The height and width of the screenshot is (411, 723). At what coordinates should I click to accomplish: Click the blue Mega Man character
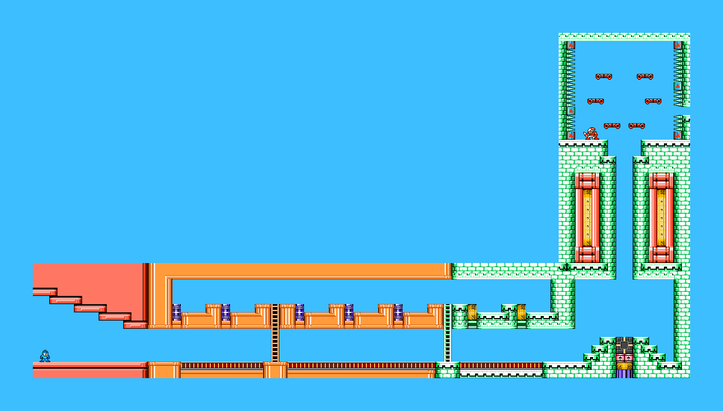[45, 356]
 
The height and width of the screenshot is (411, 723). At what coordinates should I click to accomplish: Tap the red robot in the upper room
[591, 134]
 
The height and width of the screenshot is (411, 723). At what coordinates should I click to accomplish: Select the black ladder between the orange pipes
[275, 333]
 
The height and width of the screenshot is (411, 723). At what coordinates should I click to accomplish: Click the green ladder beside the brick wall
[447, 333]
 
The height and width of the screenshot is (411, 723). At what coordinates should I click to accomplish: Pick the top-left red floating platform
[603, 77]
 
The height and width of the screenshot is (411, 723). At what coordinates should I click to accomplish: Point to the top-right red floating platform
[644, 77]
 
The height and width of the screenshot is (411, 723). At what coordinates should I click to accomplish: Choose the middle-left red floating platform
[595, 101]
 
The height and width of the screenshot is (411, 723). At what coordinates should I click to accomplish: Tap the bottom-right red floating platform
[636, 126]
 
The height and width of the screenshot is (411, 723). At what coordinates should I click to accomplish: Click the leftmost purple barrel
[176, 312]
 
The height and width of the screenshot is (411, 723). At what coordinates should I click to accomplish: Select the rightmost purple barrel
[398, 312]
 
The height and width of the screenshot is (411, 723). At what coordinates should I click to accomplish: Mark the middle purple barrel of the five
[299, 312]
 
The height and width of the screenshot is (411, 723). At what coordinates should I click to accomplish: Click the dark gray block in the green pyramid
[624, 345]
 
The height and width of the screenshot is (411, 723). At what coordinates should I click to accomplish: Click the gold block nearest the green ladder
[472, 312]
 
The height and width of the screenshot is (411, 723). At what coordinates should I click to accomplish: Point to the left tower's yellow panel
[587, 217]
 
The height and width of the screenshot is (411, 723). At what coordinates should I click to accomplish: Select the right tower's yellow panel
[661, 217]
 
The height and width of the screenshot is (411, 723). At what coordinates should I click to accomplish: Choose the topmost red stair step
[45, 292]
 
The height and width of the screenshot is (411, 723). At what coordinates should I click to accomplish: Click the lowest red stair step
[135, 325]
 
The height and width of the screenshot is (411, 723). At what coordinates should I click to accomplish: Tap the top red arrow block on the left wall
[571, 45]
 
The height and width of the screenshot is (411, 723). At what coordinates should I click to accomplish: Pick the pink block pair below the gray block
[624, 358]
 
